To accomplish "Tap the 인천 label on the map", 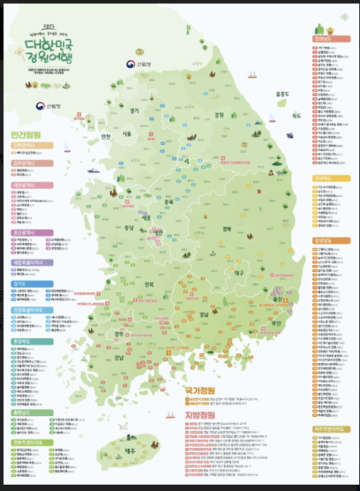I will click(x=105, y=137).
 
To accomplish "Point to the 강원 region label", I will click(x=220, y=114).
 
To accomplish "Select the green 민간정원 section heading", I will click(x=28, y=135).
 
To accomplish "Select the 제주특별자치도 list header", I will click(x=328, y=428).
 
